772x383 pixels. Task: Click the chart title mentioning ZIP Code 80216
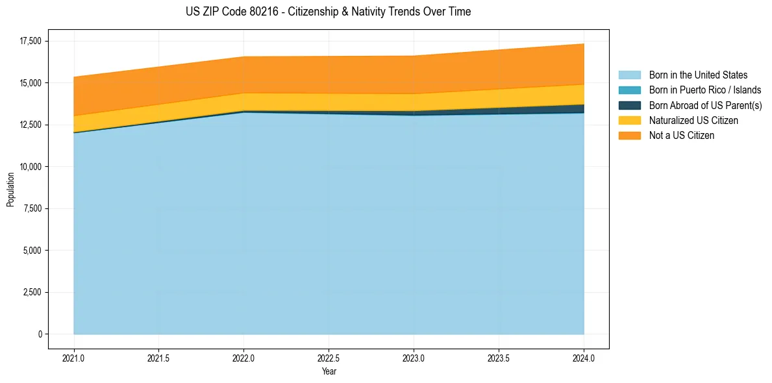328,12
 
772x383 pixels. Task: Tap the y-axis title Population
10,190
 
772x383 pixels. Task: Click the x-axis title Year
329,371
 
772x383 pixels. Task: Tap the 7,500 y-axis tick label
31,208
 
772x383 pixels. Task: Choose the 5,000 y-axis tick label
31,251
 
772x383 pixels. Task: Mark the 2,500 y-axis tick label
31,292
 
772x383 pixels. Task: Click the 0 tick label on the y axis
40,334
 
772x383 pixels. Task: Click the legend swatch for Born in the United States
629,75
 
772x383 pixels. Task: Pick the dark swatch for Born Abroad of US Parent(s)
629,105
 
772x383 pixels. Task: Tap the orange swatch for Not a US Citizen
629,136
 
